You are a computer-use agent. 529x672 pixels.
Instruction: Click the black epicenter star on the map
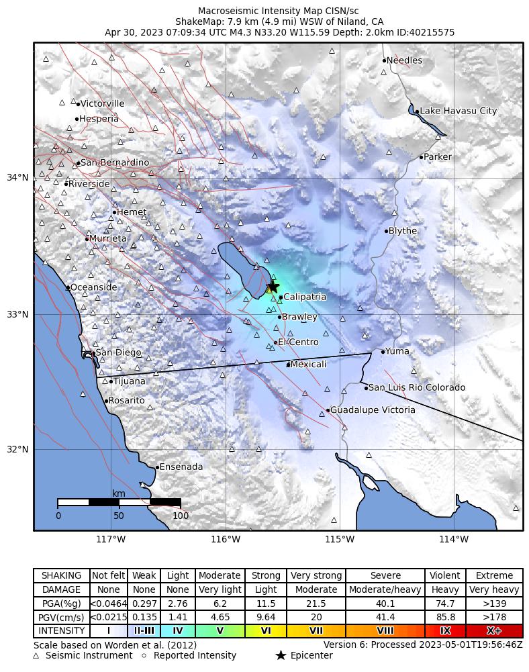tap(273, 285)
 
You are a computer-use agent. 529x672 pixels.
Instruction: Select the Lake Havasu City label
tap(459, 111)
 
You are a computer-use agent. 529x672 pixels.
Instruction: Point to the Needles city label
tap(404, 60)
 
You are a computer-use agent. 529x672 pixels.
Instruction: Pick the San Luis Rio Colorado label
tap(417, 387)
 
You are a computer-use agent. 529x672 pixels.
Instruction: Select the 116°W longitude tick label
tap(226, 538)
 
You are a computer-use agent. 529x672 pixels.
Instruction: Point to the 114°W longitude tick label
tap(454, 538)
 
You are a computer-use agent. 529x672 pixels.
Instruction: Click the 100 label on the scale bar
tap(181, 516)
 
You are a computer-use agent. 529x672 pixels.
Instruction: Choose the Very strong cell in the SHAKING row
tap(316, 576)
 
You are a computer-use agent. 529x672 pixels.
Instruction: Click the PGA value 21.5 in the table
tap(316, 604)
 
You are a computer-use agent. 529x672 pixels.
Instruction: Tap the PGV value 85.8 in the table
tap(445, 618)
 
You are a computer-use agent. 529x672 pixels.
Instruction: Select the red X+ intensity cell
tap(493, 631)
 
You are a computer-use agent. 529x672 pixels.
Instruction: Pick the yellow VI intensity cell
tap(266, 631)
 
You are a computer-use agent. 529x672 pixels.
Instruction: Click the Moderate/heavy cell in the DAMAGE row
tap(385, 590)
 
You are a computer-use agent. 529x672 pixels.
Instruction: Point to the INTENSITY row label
tap(62, 631)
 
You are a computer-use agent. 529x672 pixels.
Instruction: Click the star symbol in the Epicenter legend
tap(281, 655)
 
